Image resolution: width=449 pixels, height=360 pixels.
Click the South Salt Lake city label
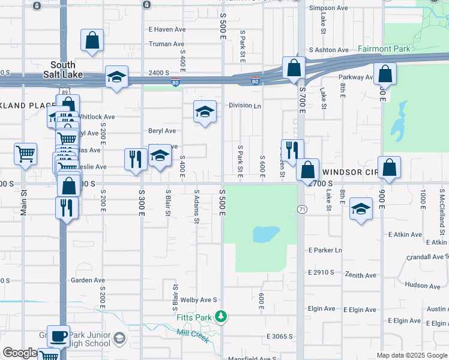click(x=63, y=69)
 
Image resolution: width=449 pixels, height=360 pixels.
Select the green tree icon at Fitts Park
click(x=221, y=316)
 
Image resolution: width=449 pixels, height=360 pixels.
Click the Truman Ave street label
click(x=166, y=44)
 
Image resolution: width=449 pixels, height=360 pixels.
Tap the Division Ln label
click(x=245, y=106)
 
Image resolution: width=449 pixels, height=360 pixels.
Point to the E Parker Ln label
click(x=325, y=250)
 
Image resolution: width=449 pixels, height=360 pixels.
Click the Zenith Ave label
click(x=361, y=275)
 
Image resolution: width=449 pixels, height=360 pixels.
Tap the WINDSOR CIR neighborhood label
click(x=349, y=172)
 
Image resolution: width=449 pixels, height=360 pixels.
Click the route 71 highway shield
click(x=301, y=208)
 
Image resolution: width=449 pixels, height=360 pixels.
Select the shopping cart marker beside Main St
click(x=26, y=154)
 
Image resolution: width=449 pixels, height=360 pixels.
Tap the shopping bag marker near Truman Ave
click(x=92, y=40)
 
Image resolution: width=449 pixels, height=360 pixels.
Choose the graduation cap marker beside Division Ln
click(x=205, y=111)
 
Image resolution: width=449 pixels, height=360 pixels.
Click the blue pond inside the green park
click(x=266, y=233)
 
